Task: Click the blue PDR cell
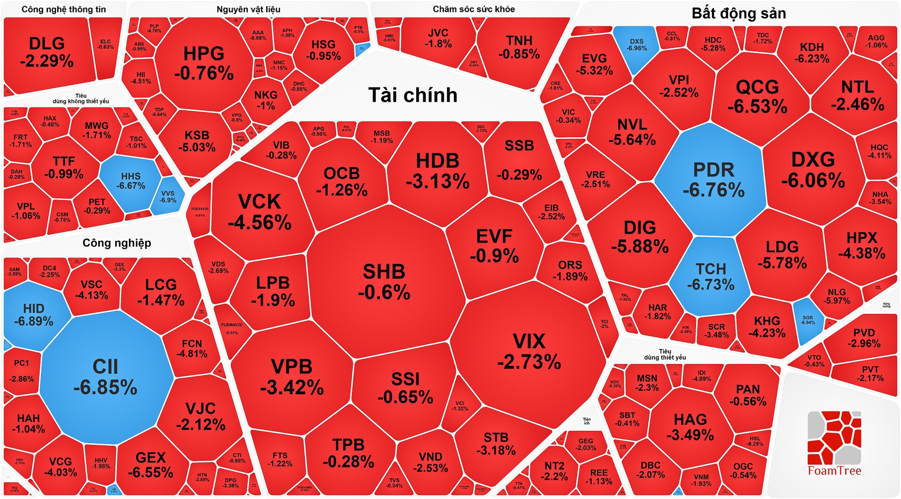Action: (713, 180)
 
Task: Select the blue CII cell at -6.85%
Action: (105, 377)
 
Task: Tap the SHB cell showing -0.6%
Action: (384, 281)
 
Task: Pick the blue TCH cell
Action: (711, 277)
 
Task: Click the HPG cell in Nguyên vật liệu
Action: (204, 63)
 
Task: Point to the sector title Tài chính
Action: (413, 95)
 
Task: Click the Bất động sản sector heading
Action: (739, 14)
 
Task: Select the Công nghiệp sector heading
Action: (117, 243)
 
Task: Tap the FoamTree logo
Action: (834, 444)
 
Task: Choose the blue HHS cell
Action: (131, 181)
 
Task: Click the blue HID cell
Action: (34, 314)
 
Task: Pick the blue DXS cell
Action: (637, 45)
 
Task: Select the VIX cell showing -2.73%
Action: (529, 351)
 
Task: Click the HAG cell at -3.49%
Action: (690, 426)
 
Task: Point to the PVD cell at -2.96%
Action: (864, 338)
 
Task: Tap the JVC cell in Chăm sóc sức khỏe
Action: (438, 38)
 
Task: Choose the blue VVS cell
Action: (168, 196)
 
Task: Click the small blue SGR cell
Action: (808, 320)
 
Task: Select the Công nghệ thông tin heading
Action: (64, 9)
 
